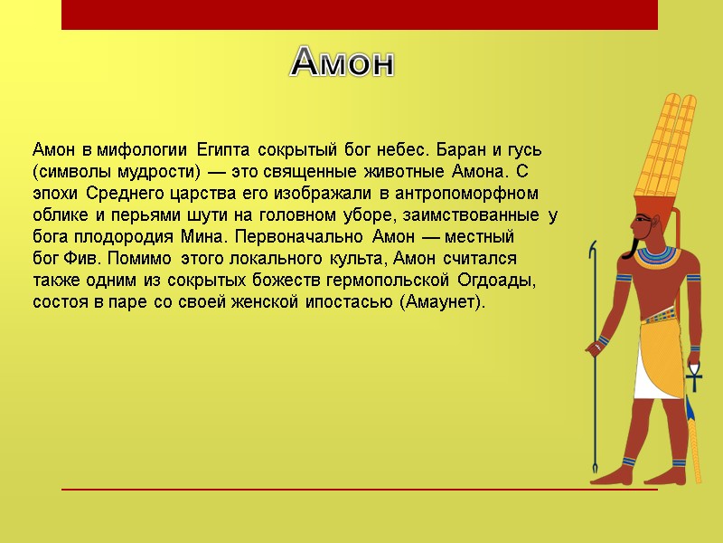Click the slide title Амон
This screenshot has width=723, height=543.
pos(343,62)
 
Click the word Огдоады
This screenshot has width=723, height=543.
pos(497,281)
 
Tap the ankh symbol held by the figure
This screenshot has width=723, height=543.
pos(694,367)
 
